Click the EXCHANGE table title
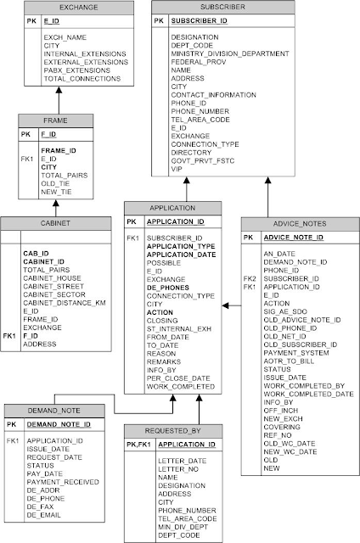pos(79,8)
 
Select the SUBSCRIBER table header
pos(222,7)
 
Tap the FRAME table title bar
pos(55,120)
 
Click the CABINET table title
pos(55,223)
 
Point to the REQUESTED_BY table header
pos(173,431)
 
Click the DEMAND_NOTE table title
pos(54,411)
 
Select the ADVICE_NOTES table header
pos(300,224)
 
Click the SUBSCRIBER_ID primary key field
pos(200,20)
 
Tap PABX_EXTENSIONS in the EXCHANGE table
pos(77,70)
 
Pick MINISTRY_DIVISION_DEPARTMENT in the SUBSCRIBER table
pos(230,53)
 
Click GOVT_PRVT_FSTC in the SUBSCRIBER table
pos(203,160)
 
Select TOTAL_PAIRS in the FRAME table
pos(65,176)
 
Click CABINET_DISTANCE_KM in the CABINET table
pos(65,303)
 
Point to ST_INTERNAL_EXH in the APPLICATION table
pos(179,328)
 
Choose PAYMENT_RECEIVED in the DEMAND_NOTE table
pos(63,482)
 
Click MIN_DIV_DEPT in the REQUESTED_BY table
pos(183,527)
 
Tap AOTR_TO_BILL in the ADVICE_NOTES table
pos(289,361)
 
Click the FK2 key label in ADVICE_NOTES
pos(250,278)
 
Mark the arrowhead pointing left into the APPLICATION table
pos(226,305)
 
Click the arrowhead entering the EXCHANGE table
pos(59,90)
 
